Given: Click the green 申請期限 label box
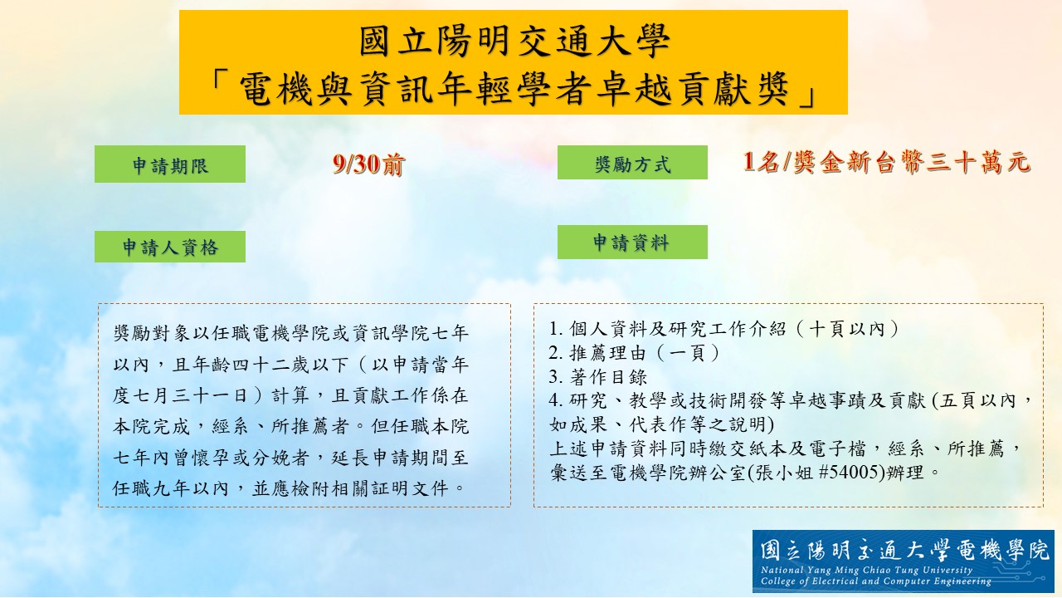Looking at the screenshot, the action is click(x=170, y=164).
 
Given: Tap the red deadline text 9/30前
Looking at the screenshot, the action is click(x=368, y=164).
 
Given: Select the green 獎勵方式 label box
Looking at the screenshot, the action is click(x=632, y=162).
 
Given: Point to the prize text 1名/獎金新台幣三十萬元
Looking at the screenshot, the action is click(x=887, y=162).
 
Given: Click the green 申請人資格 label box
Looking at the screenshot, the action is click(x=170, y=247).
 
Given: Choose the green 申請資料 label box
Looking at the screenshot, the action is click(x=632, y=242).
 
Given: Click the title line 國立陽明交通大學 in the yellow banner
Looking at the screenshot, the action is click(x=514, y=42).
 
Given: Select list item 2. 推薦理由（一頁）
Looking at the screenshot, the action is click(x=636, y=353).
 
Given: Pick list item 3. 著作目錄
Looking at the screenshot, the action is click(x=598, y=377).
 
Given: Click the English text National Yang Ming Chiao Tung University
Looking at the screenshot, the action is click(x=866, y=570).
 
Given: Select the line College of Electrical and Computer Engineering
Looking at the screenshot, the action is click(x=876, y=581).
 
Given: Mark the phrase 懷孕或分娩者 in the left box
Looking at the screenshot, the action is click(x=251, y=458).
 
